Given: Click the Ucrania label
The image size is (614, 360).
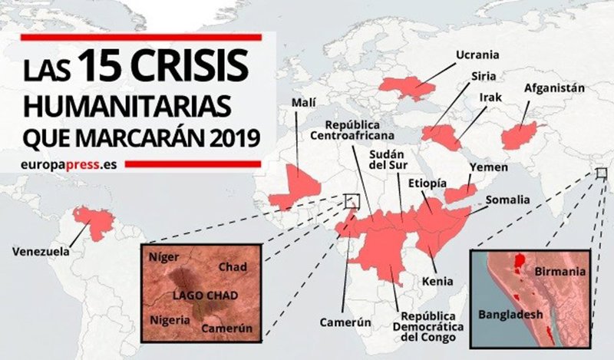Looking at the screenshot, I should pos(477,55).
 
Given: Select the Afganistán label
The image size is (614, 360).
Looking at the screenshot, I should pos(554,88).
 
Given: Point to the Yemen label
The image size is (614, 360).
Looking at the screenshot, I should pos(483,167).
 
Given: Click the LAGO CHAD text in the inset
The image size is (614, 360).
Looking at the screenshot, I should pos(200,295).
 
